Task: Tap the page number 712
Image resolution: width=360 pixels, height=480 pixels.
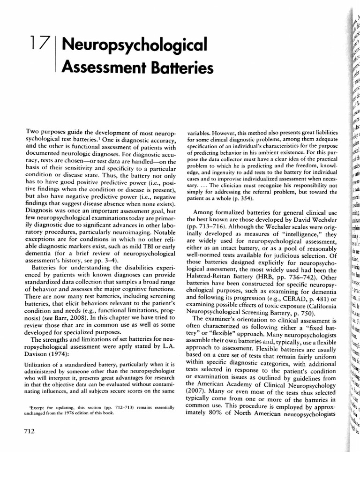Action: [x=30, y=431]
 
